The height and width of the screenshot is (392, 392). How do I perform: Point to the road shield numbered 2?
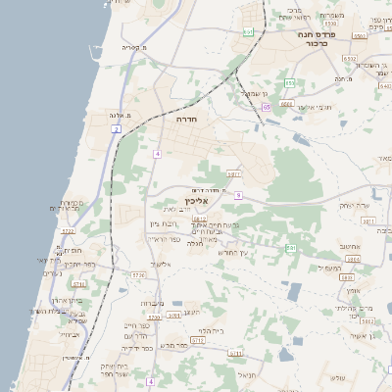click(x=117, y=128)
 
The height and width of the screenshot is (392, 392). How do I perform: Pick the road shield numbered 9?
click(x=238, y=195)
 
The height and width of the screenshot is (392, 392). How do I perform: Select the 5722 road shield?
click(x=68, y=231)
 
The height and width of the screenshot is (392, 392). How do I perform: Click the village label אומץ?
click(x=354, y=290)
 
